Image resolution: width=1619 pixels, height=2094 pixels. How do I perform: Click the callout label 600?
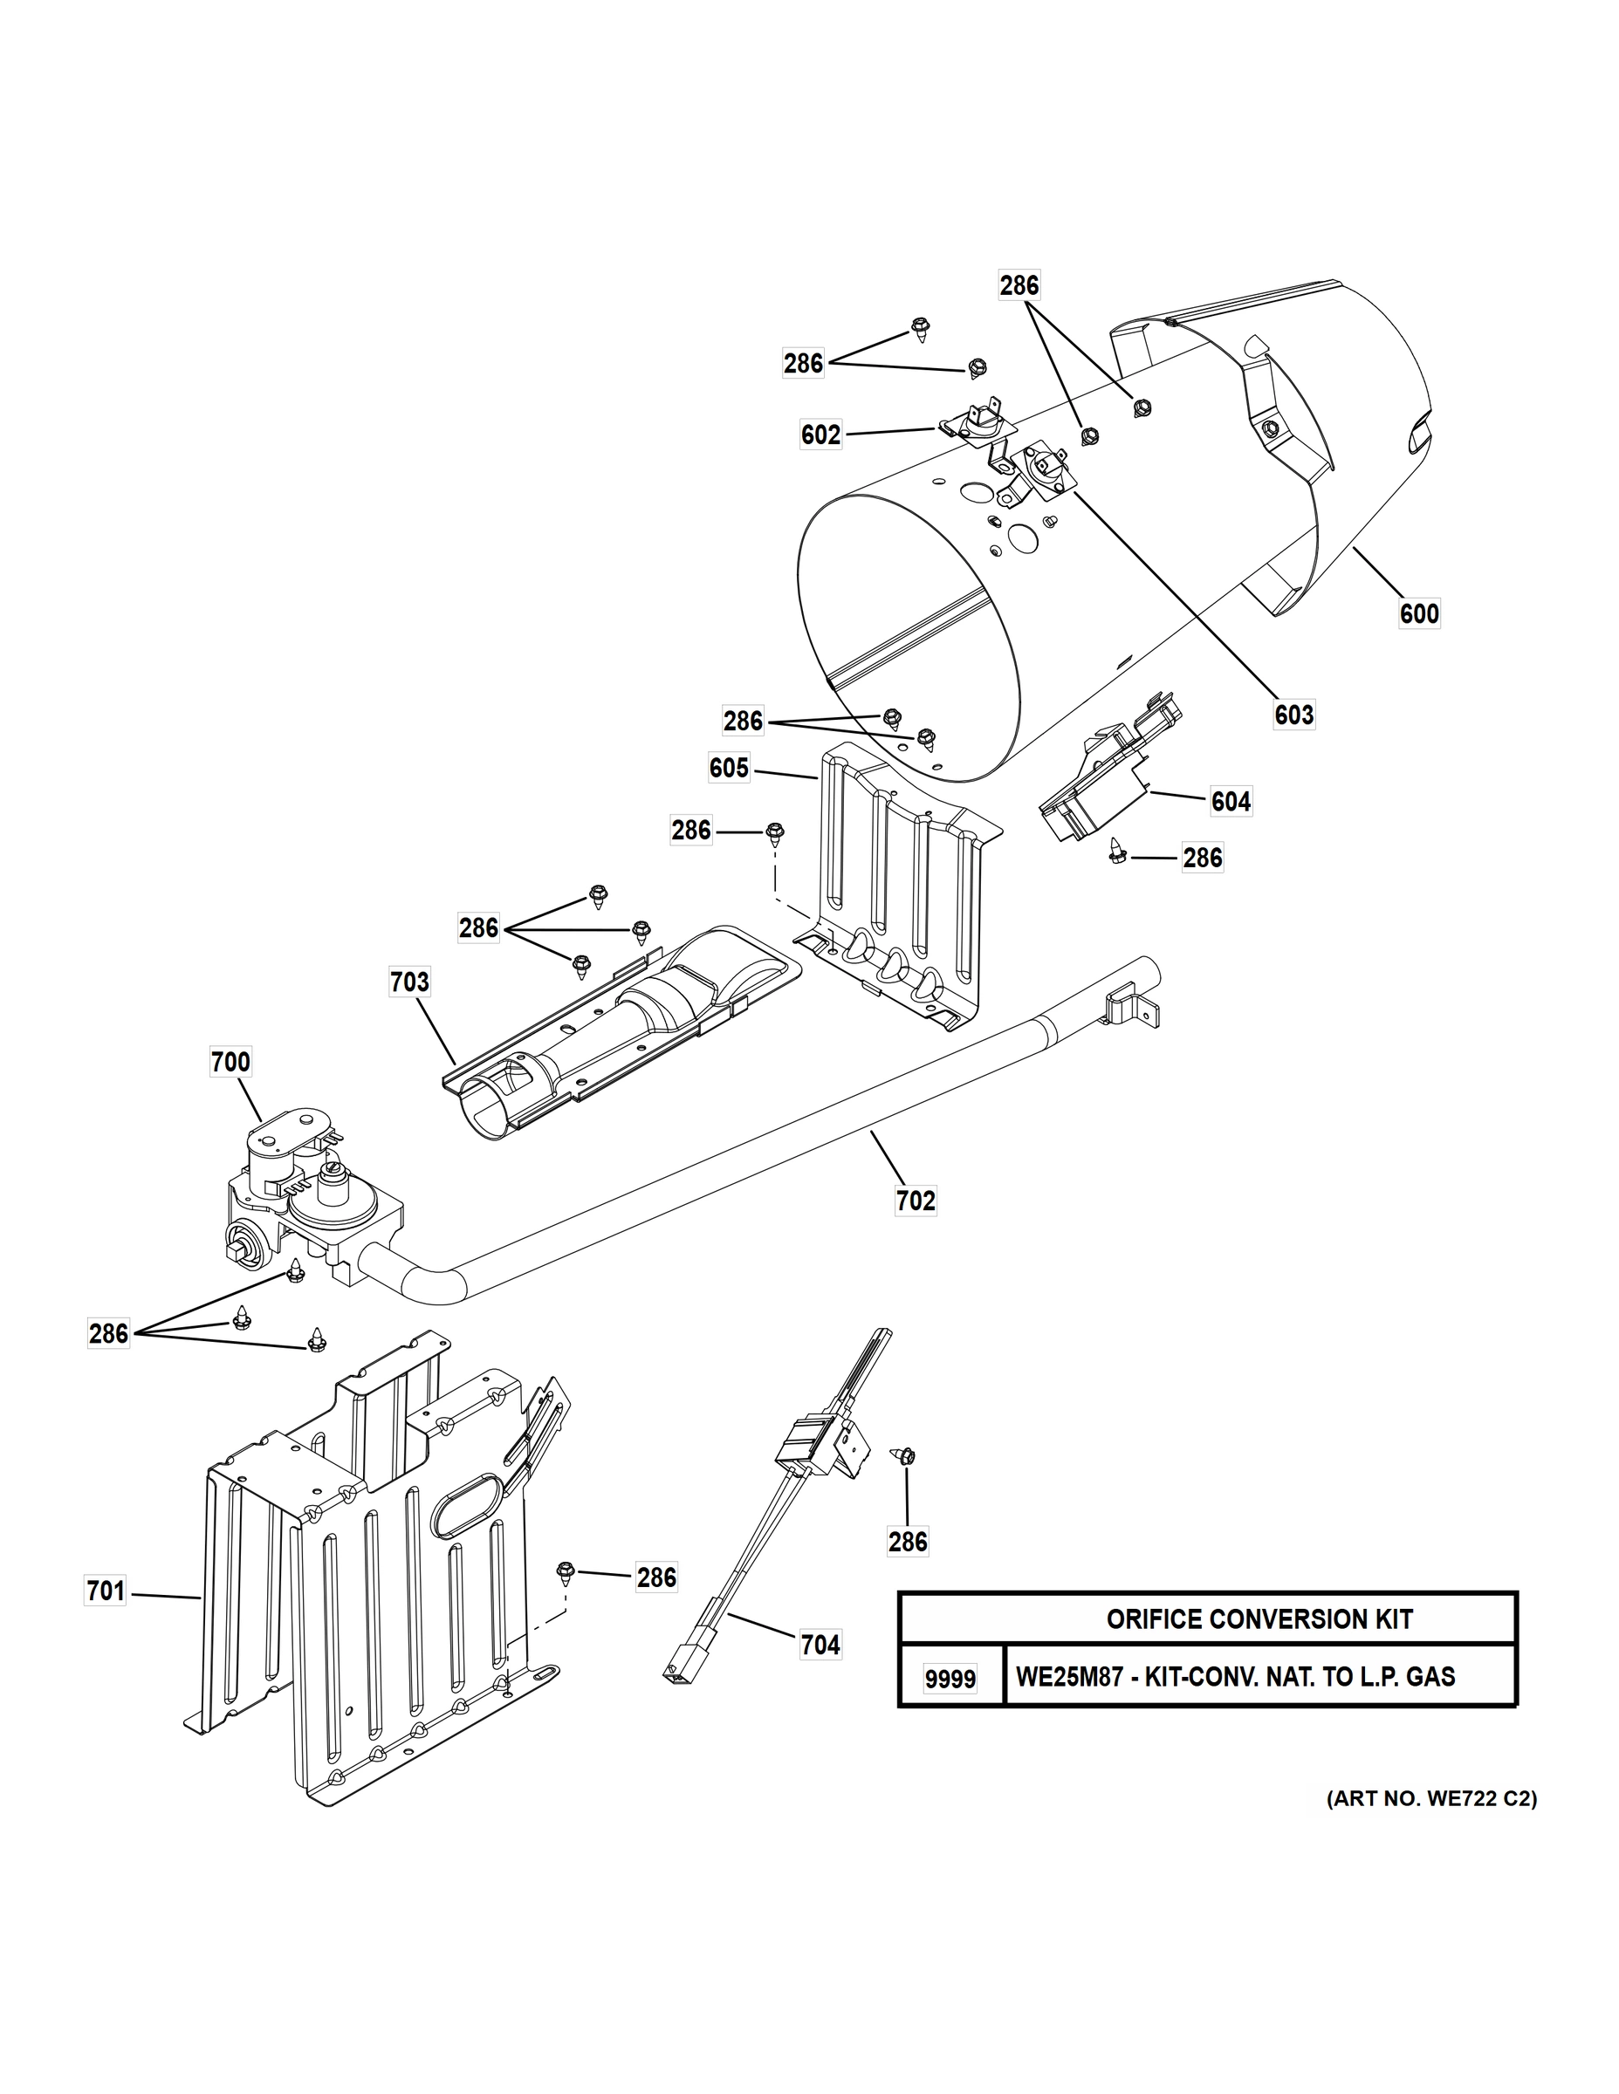click(1418, 613)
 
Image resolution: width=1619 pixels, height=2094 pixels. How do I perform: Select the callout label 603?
click(1293, 715)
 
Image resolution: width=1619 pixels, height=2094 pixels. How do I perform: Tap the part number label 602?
click(821, 435)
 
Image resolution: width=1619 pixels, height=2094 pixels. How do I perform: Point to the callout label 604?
click(1231, 801)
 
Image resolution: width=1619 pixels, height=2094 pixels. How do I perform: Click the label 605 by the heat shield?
click(729, 768)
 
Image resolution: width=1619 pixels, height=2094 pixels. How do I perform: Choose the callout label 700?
click(230, 1063)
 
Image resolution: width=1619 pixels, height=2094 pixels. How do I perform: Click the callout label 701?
click(106, 1591)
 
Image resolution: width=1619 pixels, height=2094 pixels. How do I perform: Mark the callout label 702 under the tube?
click(915, 1201)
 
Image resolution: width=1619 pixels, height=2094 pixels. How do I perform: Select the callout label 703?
click(409, 982)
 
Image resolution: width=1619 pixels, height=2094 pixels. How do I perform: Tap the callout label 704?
click(820, 1646)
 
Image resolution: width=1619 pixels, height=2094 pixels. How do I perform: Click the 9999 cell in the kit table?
click(950, 1680)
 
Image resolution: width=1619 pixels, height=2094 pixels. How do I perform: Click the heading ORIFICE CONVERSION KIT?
click(1259, 1619)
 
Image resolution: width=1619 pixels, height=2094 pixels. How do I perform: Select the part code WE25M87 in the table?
click(1066, 1677)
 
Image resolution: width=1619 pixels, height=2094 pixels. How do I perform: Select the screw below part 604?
click(1116, 851)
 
